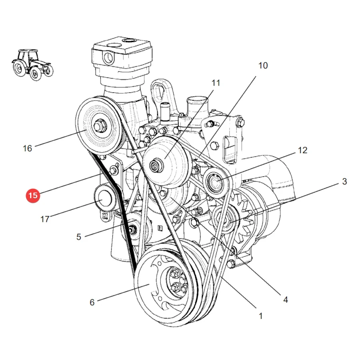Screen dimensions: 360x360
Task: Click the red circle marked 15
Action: coord(33,195)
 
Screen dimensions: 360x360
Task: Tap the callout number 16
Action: coord(27,148)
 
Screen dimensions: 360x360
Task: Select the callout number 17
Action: coord(45,219)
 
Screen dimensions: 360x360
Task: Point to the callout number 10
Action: coord(263,66)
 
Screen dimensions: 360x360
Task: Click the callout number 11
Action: coord(216,83)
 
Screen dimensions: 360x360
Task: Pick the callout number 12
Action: coord(302,150)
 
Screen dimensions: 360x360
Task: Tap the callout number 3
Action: coord(344,181)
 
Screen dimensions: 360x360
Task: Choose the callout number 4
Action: coord(285,300)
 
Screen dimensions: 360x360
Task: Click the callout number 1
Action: coord(260,316)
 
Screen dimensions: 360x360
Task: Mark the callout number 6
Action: coord(92,302)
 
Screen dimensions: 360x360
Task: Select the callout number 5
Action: coord(79,237)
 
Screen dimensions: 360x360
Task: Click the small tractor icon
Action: coord(32,64)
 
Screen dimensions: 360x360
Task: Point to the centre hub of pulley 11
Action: coord(156,165)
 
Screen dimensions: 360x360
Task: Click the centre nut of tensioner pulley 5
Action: coord(132,230)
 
